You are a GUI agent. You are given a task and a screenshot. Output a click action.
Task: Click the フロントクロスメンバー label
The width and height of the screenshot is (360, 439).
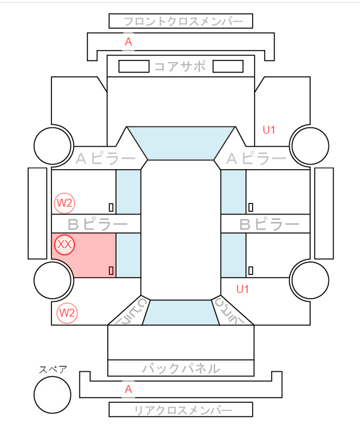click(x=184, y=21)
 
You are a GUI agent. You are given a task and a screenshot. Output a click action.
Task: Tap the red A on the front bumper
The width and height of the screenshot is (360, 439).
click(x=128, y=41)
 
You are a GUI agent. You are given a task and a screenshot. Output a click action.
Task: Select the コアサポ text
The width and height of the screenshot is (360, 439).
click(x=180, y=66)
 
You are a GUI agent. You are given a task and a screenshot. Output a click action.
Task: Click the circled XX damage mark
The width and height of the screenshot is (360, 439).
click(x=64, y=245)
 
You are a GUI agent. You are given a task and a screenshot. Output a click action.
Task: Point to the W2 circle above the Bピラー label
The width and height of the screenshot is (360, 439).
click(x=64, y=203)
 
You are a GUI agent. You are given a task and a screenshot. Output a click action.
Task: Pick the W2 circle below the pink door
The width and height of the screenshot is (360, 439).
click(x=67, y=313)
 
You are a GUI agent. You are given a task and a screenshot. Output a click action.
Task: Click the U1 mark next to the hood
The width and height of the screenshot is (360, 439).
click(x=269, y=130)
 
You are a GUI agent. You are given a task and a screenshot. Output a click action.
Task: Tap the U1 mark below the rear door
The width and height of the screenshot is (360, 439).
click(x=242, y=289)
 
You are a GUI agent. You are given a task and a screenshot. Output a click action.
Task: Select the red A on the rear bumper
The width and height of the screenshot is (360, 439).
click(x=128, y=389)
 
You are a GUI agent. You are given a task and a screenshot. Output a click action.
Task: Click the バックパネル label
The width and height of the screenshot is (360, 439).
click(x=181, y=368)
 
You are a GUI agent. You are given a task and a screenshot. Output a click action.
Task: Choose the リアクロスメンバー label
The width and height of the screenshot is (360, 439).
click(x=183, y=411)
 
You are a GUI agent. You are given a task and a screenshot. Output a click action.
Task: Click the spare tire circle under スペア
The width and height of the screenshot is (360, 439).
click(x=53, y=395)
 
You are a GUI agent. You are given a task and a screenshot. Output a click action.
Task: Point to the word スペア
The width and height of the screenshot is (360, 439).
click(x=53, y=370)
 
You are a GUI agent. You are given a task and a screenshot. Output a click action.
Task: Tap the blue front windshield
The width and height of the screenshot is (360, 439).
click(x=181, y=143)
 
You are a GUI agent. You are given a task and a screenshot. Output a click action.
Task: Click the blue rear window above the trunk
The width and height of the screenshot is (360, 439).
click(x=181, y=313)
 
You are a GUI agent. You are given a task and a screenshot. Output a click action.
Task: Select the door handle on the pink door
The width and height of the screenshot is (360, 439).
click(x=111, y=271)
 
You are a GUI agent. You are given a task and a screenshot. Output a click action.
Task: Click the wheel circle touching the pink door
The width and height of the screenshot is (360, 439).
click(x=53, y=280)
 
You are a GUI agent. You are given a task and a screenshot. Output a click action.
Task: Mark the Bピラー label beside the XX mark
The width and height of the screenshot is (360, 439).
click(x=97, y=224)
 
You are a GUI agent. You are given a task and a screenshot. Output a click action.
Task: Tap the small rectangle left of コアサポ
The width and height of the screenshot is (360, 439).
click(x=134, y=66)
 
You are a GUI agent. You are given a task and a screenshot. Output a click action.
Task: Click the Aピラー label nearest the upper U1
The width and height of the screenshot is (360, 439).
click(x=256, y=159)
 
